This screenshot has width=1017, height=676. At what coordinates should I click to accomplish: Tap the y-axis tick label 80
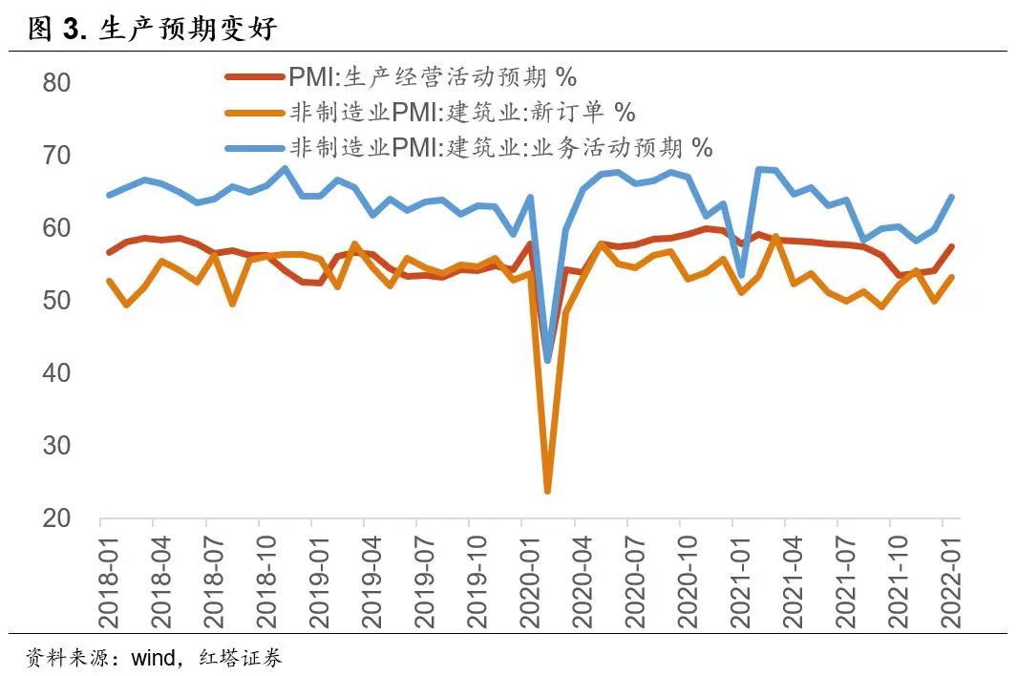(56, 82)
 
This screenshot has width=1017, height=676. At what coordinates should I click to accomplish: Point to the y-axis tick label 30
(56, 445)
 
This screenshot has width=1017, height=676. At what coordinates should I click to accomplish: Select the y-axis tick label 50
(56, 300)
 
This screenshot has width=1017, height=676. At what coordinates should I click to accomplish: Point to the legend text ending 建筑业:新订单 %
(462, 113)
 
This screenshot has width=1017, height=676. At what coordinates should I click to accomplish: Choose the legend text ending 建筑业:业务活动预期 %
(501, 148)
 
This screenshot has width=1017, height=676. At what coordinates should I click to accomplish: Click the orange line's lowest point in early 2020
(547, 491)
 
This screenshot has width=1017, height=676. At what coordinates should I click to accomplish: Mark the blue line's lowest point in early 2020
(547, 360)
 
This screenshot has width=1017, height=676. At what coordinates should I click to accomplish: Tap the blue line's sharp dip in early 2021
(741, 275)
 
